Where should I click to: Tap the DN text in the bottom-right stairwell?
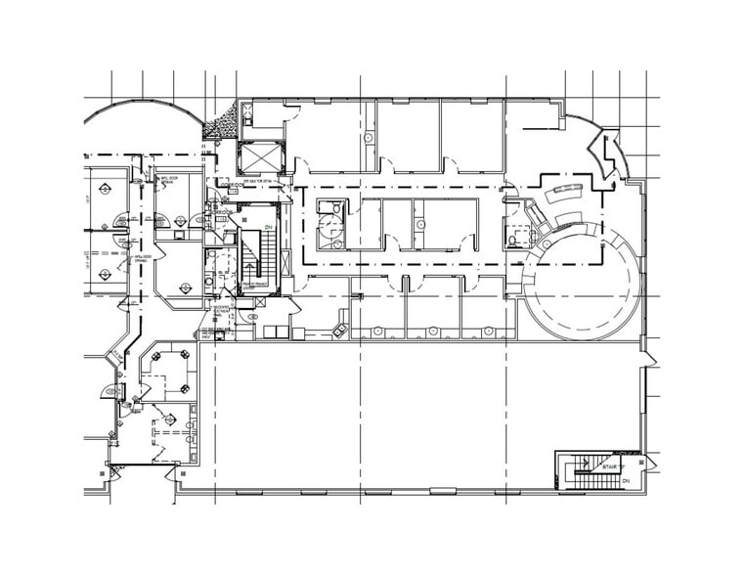[x=625, y=481]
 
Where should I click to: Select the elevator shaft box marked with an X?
[x=258, y=156]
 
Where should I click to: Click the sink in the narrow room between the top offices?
[x=369, y=138]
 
